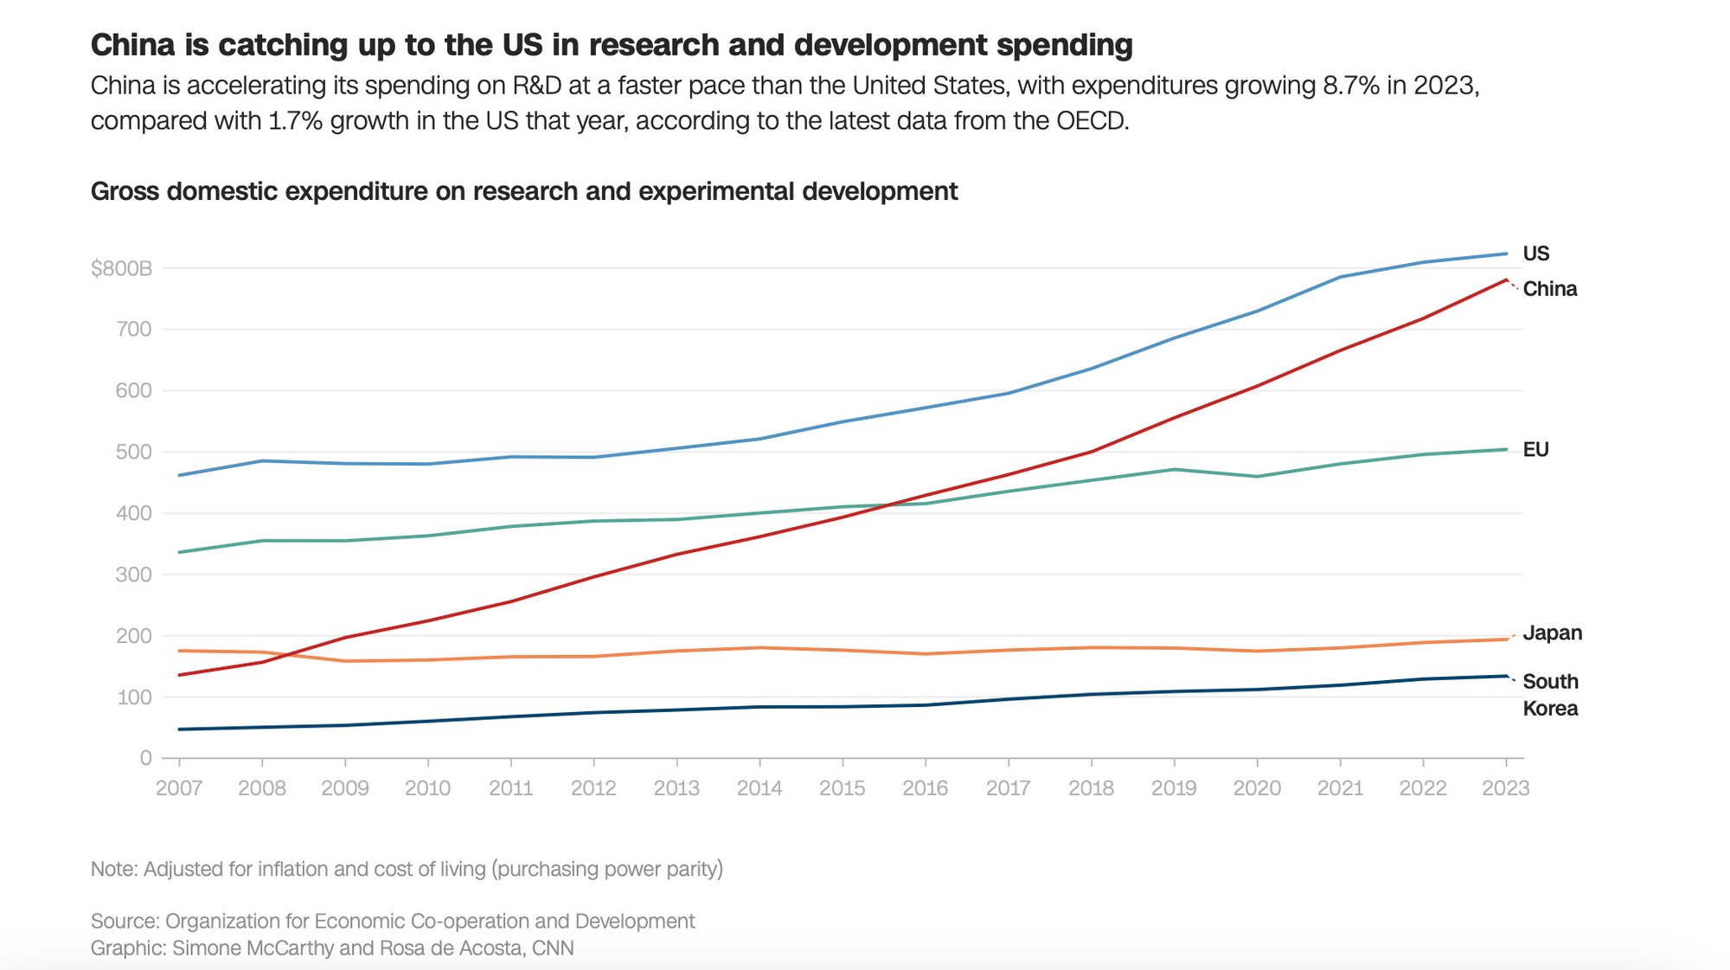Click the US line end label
(1535, 254)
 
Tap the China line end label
(1549, 289)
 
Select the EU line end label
(1535, 450)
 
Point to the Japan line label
(1552, 633)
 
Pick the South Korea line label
(1550, 695)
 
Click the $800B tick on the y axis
(121, 269)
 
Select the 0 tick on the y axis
(145, 758)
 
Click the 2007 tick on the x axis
(179, 788)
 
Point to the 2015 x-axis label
(843, 788)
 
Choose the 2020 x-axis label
(1257, 788)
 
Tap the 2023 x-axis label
(1506, 788)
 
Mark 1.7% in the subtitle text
(296, 120)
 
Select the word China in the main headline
(133, 44)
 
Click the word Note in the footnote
(112, 869)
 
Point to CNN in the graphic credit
(553, 948)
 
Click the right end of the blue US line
(1507, 254)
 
